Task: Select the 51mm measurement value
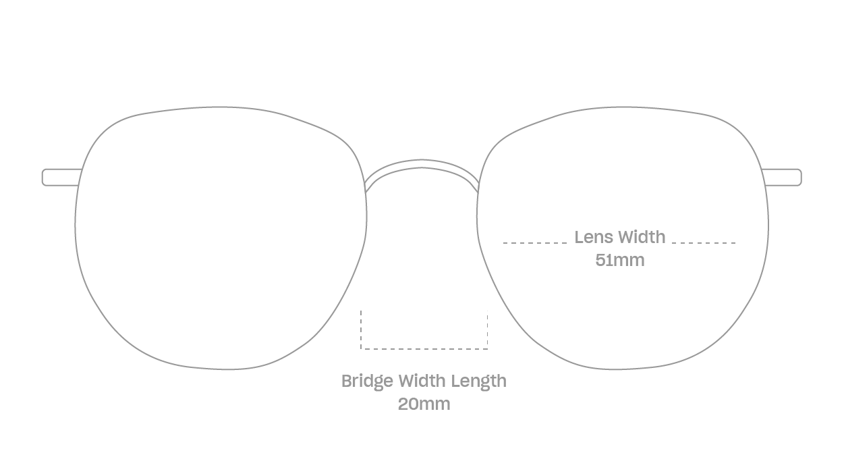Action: point(620,260)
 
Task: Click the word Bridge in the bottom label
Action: point(367,381)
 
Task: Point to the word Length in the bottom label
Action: point(479,381)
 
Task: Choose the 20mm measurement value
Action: point(424,404)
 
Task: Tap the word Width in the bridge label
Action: point(422,381)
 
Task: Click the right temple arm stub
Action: point(782,178)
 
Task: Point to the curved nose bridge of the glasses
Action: point(422,163)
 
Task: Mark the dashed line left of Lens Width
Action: point(535,243)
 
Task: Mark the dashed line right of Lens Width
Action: point(704,243)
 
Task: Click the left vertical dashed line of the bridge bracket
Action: point(361,329)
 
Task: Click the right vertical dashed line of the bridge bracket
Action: point(488,329)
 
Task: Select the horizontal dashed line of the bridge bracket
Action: point(424,349)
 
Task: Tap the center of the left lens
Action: point(221,238)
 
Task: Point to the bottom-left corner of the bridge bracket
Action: point(361,349)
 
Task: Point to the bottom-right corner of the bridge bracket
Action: point(488,349)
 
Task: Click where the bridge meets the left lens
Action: point(365,188)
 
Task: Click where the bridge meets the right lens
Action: point(478,188)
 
